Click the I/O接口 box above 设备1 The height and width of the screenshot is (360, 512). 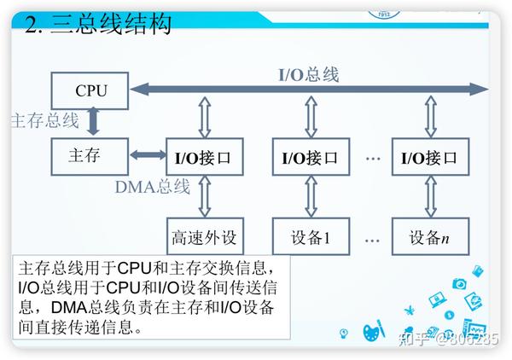point(310,157)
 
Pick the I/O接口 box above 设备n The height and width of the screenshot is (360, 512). point(429,157)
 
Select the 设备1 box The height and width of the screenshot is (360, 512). point(310,235)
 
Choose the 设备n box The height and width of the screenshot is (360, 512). point(429,235)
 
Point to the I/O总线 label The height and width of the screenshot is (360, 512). point(309,74)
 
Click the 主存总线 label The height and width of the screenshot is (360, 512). point(44,120)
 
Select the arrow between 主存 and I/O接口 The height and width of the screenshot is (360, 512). point(148,155)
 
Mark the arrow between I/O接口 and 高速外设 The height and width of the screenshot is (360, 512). point(203,196)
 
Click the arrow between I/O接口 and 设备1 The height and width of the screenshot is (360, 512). point(310,196)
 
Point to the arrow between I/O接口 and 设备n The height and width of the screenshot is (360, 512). point(429,196)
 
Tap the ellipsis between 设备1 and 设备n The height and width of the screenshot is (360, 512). point(371,236)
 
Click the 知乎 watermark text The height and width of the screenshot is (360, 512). point(419,339)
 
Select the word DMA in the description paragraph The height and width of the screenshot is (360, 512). point(72,307)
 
